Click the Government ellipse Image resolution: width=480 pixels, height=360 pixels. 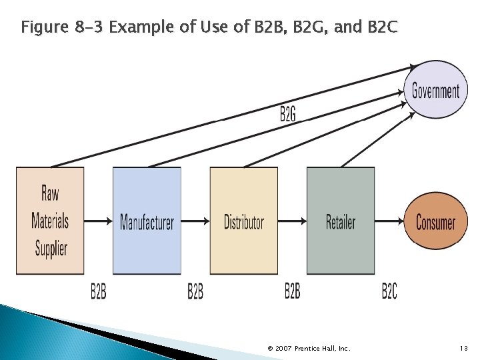[x=435, y=90]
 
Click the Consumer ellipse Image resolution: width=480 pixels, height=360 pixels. [x=435, y=221]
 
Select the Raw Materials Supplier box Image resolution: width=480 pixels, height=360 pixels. [x=51, y=221]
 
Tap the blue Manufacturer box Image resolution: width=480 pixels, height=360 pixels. [x=147, y=221]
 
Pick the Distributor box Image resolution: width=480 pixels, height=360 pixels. [x=244, y=221]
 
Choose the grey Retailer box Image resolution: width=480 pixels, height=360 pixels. [x=341, y=221]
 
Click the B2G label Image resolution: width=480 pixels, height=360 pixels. [x=288, y=114]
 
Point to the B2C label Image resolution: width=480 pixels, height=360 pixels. [x=390, y=291]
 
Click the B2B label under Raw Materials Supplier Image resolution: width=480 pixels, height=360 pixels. [x=99, y=291]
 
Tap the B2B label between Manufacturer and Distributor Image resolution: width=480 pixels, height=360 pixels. [x=195, y=291]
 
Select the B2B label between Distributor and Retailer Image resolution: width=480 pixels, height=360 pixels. [x=293, y=291]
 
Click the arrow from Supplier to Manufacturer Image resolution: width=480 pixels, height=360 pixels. [x=99, y=221]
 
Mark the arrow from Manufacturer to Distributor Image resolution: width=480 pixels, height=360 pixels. [x=195, y=221]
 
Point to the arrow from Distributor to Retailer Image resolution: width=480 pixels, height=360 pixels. [x=292, y=221]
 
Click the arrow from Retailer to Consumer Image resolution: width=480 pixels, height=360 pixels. [x=390, y=221]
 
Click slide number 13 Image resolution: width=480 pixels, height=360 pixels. [x=464, y=348]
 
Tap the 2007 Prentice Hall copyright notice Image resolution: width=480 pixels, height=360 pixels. [x=309, y=348]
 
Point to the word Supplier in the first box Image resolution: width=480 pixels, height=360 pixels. [x=51, y=249]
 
